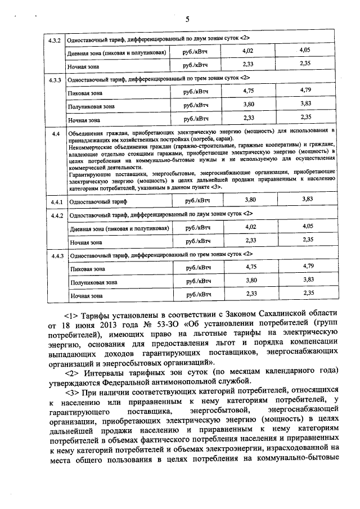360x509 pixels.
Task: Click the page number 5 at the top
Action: [187, 19]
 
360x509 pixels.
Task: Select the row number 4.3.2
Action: [55, 39]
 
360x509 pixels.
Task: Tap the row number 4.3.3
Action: [55, 78]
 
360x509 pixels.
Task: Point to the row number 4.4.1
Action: [55, 200]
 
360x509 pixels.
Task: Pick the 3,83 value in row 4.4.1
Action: [307, 199]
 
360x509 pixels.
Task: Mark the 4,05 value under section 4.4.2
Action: [307, 226]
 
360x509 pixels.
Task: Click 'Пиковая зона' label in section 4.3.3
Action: [85, 93]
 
